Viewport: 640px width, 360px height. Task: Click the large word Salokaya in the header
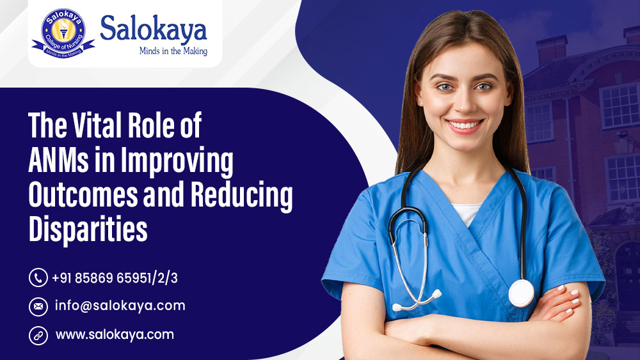[154, 29]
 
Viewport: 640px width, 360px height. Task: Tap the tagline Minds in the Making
[173, 51]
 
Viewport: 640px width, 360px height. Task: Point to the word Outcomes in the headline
[80, 196]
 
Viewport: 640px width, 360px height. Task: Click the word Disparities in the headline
[88, 230]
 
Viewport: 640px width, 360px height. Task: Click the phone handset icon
[38, 278]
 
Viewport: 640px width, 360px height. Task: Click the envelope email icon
[38, 306]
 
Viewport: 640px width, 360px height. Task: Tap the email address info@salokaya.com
[119, 306]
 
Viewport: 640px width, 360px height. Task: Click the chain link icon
[38, 334]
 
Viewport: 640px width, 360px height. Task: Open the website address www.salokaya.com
[115, 334]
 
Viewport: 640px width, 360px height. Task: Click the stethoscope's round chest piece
[521, 293]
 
